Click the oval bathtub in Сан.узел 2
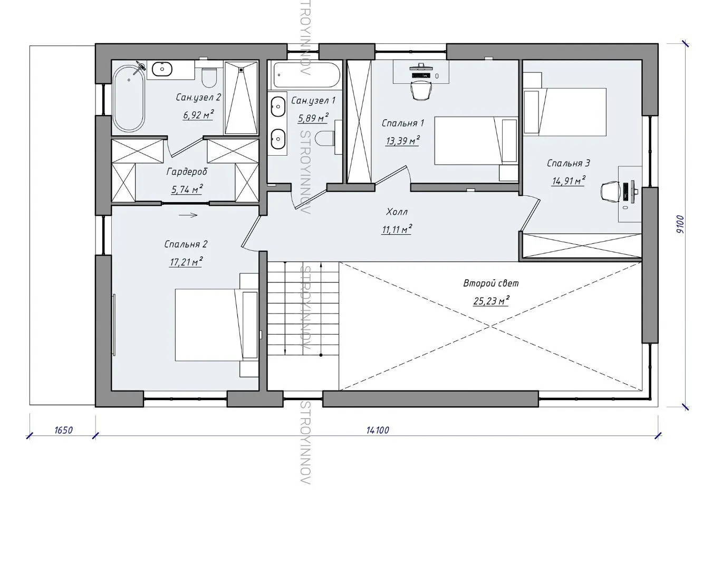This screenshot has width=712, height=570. click(129, 98)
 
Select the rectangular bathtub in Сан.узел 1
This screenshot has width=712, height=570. click(306, 75)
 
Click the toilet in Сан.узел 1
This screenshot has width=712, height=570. click(325, 138)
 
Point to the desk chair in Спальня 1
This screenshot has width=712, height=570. click(421, 90)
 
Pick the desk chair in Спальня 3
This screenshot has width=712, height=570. click(610, 192)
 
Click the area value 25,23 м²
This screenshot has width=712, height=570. click(491, 301)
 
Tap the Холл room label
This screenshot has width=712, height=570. click(397, 212)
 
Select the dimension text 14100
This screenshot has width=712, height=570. click(378, 430)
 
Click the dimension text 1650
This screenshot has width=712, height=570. click(63, 430)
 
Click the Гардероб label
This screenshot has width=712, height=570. click(187, 172)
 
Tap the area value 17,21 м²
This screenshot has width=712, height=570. click(186, 262)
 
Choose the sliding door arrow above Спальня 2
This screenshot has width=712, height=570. click(188, 215)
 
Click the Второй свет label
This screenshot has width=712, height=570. click(491, 283)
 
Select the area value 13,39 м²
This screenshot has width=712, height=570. click(402, 141)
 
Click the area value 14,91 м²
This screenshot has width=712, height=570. click(569, 181)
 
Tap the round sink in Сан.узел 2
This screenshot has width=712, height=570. click(162, 69)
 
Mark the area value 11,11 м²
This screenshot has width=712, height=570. click(397, 229)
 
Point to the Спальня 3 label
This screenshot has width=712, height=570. click(569, 163)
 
